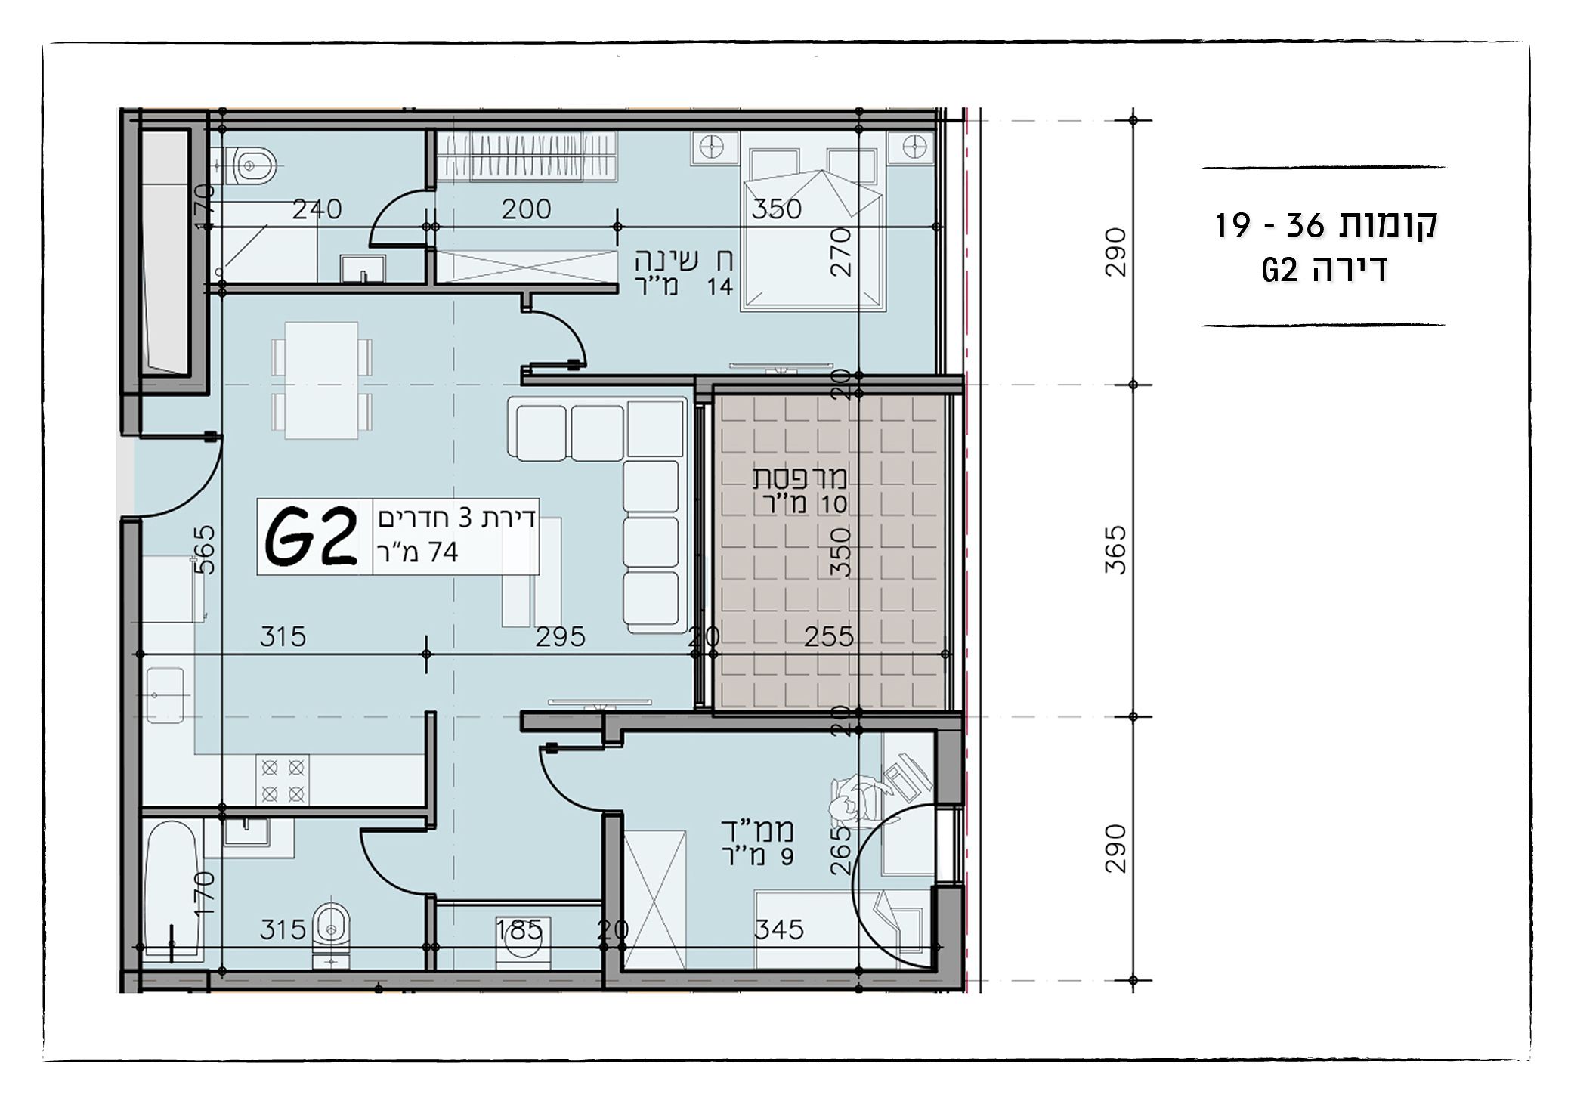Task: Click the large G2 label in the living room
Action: coord(311,537)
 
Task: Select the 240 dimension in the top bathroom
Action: coord(317,209)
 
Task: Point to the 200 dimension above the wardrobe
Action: coord(526,209)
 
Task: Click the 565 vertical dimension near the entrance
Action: coord(205,549)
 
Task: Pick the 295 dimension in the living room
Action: coord(560,636)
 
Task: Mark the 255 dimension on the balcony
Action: coord(828,636)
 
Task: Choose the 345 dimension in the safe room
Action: coord(778,929)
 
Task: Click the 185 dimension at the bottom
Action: coord(519,929)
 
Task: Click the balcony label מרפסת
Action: coord(799,478)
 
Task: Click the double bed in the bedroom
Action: coord(812,230)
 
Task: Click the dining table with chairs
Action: coord(321,380)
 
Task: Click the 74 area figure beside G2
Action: coord(443,552)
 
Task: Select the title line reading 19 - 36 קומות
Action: coord(1325,225)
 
